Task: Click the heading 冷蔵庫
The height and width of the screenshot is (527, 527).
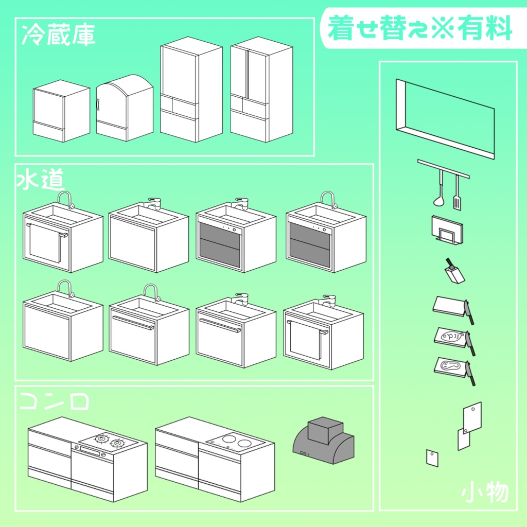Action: [x=58, y=36]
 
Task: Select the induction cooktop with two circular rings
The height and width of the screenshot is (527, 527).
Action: [x=234, y=441]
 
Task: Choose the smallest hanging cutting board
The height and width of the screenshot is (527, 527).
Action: [x=432, y=458]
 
